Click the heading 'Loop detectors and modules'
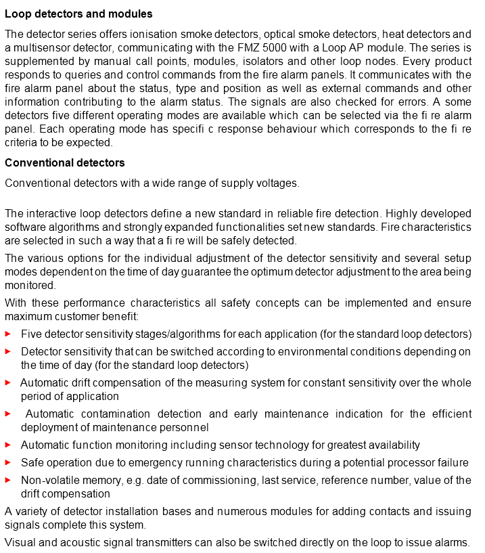pos(78,14)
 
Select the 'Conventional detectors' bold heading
pos(64,163)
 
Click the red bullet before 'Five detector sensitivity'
pos(7,334)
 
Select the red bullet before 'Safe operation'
pos(7,462)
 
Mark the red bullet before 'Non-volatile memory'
pos(7,480)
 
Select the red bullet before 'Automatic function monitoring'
pos(7,445)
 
